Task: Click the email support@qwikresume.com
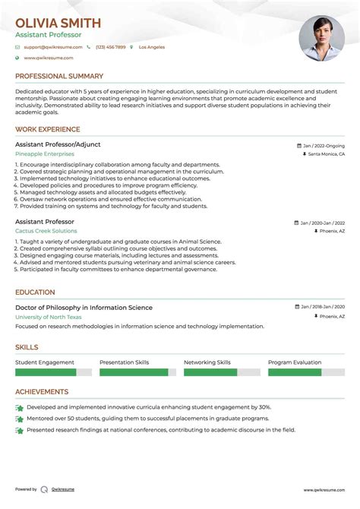48,47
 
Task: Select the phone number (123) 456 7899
110,47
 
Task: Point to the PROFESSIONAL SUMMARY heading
58,76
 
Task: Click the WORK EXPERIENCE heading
47,130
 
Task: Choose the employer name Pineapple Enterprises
45,153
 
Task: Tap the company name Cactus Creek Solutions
46,231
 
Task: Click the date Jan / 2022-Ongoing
323,145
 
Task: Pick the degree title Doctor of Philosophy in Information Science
84,308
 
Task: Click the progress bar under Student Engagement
53,373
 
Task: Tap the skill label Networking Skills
207,363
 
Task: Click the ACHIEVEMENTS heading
42,392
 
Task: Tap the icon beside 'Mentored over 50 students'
19,419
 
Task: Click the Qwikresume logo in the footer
45,490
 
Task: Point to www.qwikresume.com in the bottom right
324,490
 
